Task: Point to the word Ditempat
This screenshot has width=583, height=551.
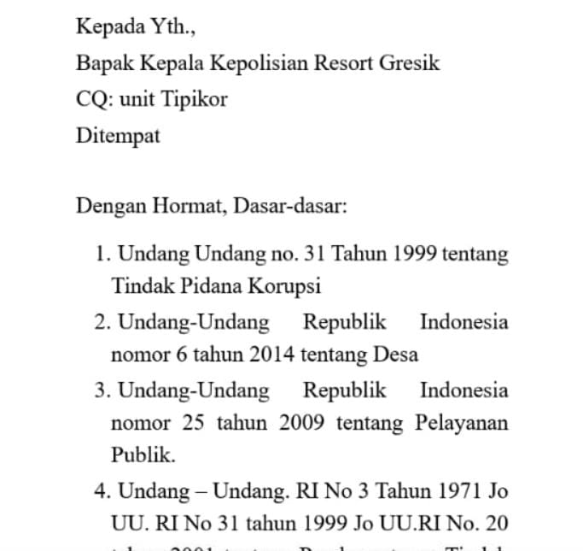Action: (x=118, y=136)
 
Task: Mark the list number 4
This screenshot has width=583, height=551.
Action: (x=102, y=491)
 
